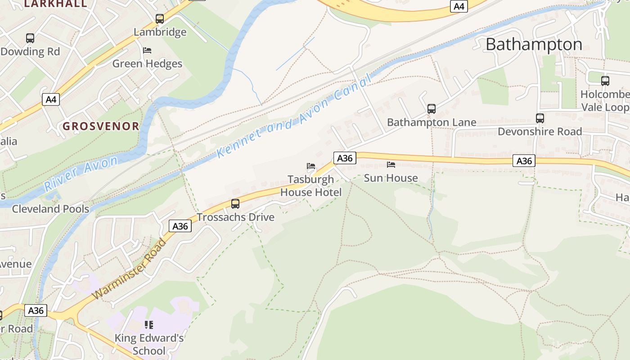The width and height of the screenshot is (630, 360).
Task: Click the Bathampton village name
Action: pyautogui.click(x=534, y=44)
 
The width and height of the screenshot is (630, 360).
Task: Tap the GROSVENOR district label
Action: pyautogui.click(x=101, y=126)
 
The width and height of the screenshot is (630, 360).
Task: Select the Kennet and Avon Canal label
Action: pyautogui.click(x=295, y=117)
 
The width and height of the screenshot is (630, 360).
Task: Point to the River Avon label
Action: pyautogui.click(x=81, y=173)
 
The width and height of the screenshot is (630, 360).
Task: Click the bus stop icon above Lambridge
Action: pyautogui.click(x=160, y=19)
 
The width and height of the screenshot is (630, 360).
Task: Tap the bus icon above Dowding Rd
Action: pyautogui.click(x=30, y=38)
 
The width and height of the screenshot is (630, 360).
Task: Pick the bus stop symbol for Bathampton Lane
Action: pyautogui.click(x=431, y=109)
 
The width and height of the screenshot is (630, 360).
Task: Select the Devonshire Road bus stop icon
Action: pyautogui.click(x=540, y=118)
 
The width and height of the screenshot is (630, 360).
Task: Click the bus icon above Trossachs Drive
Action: pyautogui.click(x=235, y=204)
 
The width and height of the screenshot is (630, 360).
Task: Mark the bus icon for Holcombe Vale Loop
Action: pyautogui.click(x=605, y=81)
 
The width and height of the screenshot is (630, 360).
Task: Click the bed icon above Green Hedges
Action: pyautogui.click(x=147, y=50)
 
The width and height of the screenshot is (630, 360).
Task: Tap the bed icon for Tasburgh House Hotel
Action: pyautogui.click(x=311, y=166)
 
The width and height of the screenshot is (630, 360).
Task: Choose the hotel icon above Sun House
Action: pyautogui.click(x=391, y=165)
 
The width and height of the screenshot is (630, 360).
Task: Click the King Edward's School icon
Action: pyautogui.click(x=149, y=324)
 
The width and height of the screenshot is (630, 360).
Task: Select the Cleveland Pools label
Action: pyautogui.click(x=50, y=209)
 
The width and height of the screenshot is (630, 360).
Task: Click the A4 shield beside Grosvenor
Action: pyautogui.click(x=51, y=99)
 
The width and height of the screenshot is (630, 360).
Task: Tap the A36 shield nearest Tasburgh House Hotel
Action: pyautogui.click(x=345, y=158)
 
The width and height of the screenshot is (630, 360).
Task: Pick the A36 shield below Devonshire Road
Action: pyautogui.click(x=524, y=161)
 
